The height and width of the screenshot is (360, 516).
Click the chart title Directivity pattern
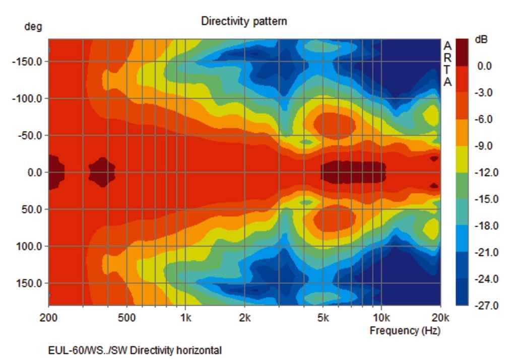(244, 21)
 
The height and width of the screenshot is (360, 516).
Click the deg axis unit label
(33, 27)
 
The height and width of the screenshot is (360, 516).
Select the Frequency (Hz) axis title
(405, 331)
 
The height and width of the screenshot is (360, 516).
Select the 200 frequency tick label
(48, 318)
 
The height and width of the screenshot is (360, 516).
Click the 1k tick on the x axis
(185, 318)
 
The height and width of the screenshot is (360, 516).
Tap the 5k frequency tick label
(323, 318)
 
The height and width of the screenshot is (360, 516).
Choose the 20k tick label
(440, 318)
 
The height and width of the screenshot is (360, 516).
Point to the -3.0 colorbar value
(485, 93)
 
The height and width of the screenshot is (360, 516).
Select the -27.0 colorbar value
(485, 306)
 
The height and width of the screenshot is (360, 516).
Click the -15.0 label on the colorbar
(485, 199)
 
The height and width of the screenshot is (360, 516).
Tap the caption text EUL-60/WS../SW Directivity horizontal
(135, 350)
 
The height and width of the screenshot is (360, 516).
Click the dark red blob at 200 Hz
(55, 172)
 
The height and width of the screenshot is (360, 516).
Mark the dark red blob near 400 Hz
(102, 172)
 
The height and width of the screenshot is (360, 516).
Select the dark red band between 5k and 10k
(353, 172)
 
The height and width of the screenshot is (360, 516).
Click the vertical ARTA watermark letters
(447, 63)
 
